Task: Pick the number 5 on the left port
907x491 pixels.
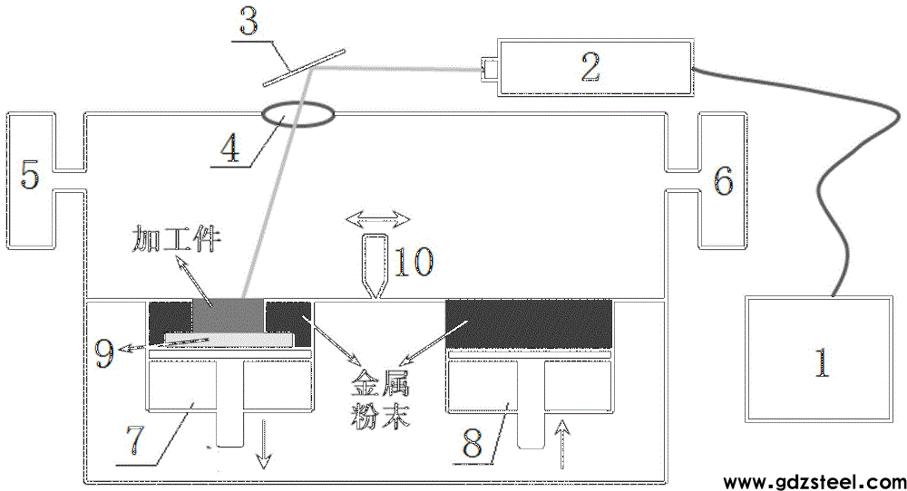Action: click(x=31, y=175)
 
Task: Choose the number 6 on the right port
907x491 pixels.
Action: click(x=723, y=183)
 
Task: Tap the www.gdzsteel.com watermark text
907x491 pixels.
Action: click(x=810, y=479)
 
